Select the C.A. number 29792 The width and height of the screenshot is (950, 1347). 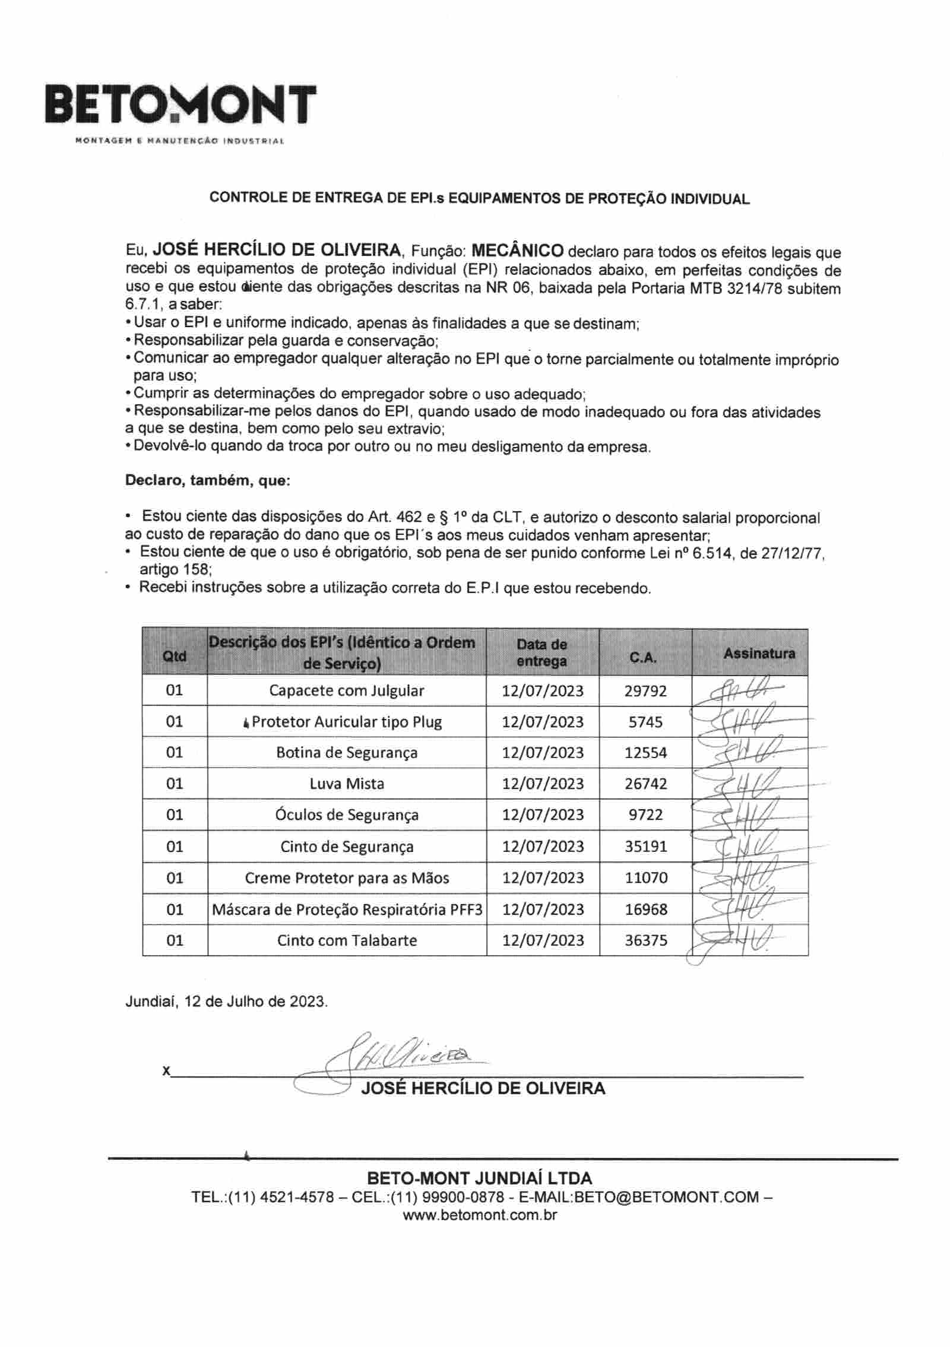click(645, 691)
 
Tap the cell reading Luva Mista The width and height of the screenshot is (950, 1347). click(347, 784)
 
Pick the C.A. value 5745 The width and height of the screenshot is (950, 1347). click(645, 722)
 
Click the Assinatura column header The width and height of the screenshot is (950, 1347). click(759, 654)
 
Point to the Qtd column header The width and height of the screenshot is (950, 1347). click(175, 656)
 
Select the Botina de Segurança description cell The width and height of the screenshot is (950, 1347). click(347, 753)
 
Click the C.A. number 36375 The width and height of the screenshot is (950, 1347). click(645, 940)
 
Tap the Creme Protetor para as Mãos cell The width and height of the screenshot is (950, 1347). click(347, 878)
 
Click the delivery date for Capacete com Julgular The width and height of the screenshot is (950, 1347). click(543, 691)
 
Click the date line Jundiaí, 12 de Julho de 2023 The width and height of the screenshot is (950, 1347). click(226, 1001)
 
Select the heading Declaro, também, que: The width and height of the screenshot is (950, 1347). click(207, 480)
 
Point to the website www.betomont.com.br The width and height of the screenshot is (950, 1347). click(480, 1215)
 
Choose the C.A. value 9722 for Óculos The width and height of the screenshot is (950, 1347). click(645, 814)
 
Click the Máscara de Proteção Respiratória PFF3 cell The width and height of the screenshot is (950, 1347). click(347, 909)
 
